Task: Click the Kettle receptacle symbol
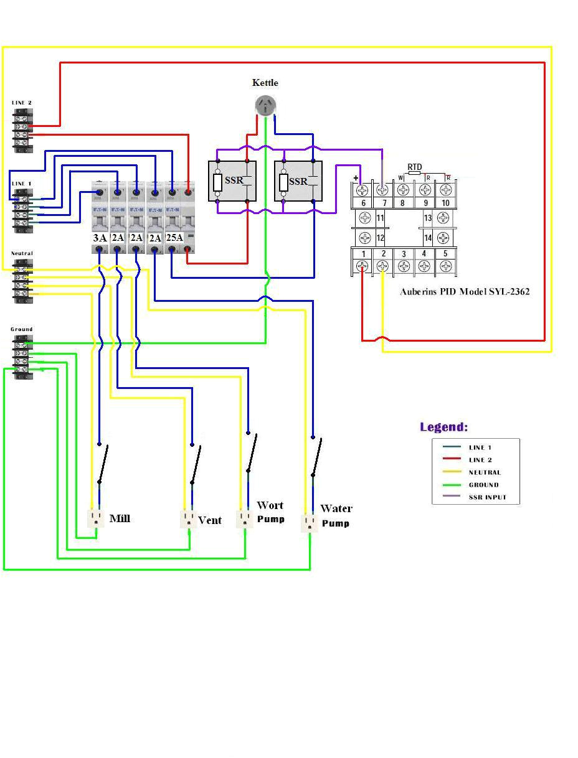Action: click(266, 106)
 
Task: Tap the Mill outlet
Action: click(97, 518)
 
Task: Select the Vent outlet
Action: click(188, 519)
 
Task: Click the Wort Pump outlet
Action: click(245, 518)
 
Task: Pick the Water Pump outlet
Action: click(310, 523)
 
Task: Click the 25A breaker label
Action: click(174, 238)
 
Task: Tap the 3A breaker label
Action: click(100, 238)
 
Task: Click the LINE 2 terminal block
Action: click(22, 131)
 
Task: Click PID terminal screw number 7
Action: click(382, 189)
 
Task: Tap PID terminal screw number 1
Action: click(362, 266)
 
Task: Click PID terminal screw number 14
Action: click(443, 238)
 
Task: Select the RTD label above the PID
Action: click(414, 167)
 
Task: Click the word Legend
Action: click(443, 427)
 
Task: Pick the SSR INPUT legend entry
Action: click(487, 497)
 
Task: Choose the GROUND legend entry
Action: click(483, 485)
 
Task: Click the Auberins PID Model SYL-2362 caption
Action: click(465, 291)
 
